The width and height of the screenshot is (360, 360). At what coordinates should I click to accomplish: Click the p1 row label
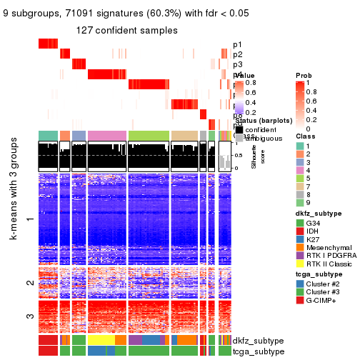(x=237, y=44)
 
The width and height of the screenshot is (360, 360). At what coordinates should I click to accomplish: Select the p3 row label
(x=237, y=64)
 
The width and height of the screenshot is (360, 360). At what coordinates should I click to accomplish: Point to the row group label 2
(x=29, y=283)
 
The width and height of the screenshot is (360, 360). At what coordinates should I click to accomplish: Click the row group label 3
(x=29, y=316)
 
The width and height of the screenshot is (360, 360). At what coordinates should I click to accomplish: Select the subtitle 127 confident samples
(x=127, y=30)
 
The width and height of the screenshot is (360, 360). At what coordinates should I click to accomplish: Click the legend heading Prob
(x=304, y=76)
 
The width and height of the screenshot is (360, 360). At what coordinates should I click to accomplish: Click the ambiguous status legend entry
(x=260, y=138)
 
